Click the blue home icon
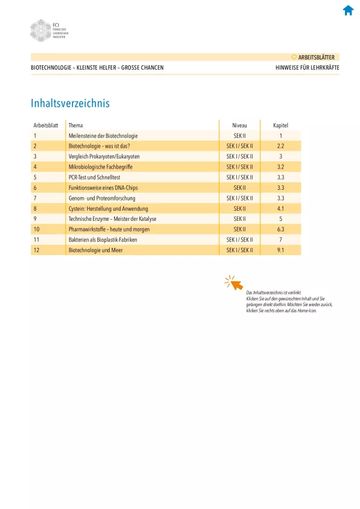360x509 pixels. point(348,10)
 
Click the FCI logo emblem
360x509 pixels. point(41,30)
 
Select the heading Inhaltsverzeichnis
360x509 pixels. point(70,103)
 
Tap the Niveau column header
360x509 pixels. point(239,125)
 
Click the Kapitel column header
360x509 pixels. point(280,125)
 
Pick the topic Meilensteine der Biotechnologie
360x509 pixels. point(103,136)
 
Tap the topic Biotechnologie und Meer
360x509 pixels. point(96,250)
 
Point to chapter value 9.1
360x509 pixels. point(280,250)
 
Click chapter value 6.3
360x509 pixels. point(280,229)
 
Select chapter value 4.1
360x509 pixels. point(280,208)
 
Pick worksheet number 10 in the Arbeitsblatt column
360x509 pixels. point(37,229)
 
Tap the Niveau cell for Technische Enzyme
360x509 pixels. point(239,218)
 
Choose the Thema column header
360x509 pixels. point(76,125)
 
